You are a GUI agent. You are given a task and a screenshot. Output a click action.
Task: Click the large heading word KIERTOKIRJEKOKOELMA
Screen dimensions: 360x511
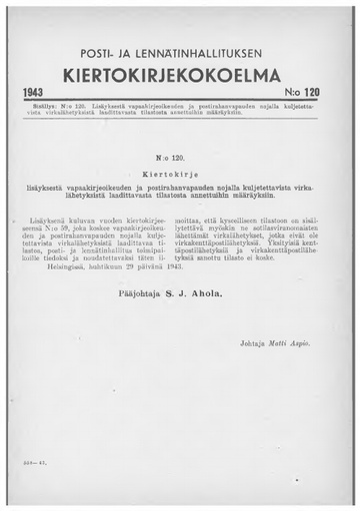[x=180, y=75]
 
